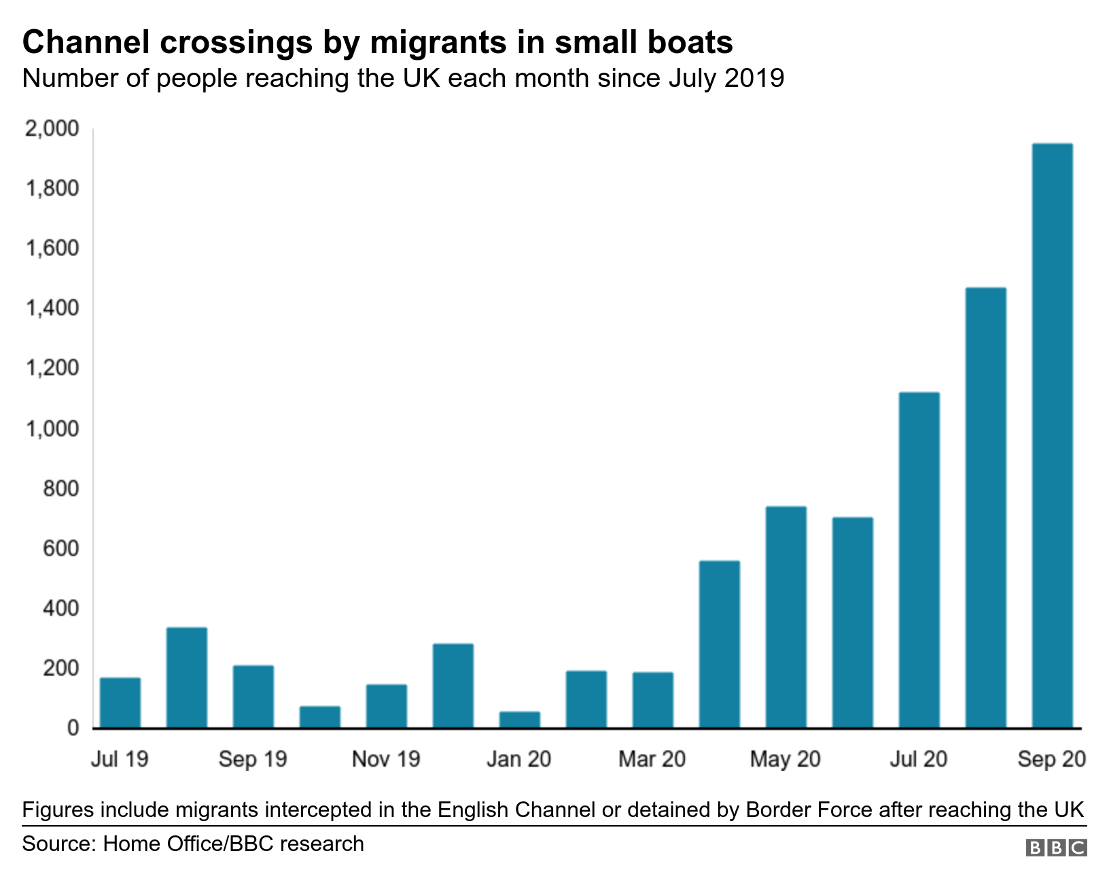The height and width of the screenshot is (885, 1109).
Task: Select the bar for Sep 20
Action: tap(1052, 436)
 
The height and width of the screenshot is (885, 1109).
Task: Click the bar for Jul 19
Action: tap(120, 703)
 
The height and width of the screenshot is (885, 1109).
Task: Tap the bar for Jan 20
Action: tap(520, 720)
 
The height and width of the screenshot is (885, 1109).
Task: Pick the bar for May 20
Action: tap(786, 617)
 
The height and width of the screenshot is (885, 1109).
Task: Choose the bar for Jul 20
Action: tap(919, 560)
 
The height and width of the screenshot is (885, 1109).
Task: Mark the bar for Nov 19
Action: tap(387, 706)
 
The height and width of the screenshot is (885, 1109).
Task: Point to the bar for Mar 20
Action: tap(652, 700)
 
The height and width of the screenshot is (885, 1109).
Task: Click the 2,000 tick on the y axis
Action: tap(52, 128)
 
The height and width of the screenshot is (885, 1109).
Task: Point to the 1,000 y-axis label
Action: tap(52, 429)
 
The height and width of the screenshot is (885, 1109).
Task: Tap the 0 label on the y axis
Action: tap(72, 729)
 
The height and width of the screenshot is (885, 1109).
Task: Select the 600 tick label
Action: tap(60, 549)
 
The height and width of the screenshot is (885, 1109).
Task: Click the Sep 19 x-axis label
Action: tap(253, 759)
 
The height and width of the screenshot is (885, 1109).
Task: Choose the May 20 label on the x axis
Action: tap(785, 759)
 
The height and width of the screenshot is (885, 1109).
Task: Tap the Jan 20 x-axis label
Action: tap(518, 759)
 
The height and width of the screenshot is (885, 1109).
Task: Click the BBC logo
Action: tap(1056, 848)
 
